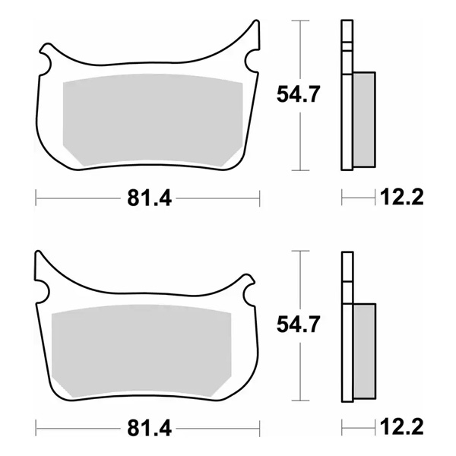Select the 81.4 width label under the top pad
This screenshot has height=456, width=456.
(x=148, y=199)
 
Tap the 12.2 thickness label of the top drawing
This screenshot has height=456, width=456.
(x=401, y=199)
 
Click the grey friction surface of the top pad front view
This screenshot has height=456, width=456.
(x=147, y=122)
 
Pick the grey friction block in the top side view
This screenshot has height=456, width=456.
(x=364, y=119)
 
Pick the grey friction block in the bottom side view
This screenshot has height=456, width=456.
(x=364, y=350)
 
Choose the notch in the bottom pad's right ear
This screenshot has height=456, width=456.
(x=247, y=288)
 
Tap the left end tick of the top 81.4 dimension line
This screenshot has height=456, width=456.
(x=36, y=199)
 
